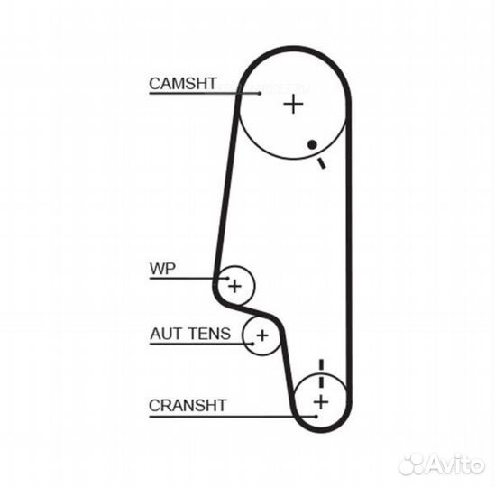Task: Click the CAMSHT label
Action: (183, 84)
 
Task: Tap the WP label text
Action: (162, 269)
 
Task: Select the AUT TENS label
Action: (190, 334)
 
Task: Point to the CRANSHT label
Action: (188, 405)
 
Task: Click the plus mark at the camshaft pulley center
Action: (293, 104)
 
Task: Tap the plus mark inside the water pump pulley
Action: (234, 287)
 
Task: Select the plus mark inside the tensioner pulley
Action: (262, 335)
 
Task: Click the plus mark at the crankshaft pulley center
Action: (321, 402)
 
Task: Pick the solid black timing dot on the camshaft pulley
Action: (312, 144)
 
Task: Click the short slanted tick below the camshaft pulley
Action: (322, 163)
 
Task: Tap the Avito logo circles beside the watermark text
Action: (411, 464)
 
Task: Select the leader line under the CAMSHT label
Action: (205, 93)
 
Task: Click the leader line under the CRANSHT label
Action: (233, 417)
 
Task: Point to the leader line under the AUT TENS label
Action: (201, 344)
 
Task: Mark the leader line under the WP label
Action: (188, 279)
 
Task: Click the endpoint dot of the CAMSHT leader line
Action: (260, 93)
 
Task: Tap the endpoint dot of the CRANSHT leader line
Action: (316, 417)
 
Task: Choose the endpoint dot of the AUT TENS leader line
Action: (252, 344)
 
